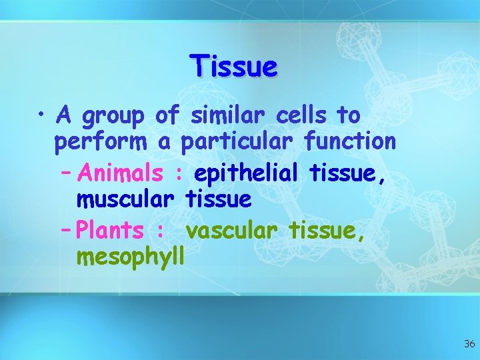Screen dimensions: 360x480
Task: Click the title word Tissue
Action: [233, 67]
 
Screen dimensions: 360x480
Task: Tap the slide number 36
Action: [469, 344]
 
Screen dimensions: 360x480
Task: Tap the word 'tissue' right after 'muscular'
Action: [218, 198]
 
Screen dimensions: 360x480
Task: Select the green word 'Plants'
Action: [110, 231]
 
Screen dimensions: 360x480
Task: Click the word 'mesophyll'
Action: [130, 257]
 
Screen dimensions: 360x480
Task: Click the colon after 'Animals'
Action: [178, 175]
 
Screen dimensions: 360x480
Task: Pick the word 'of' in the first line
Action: [166, 115]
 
